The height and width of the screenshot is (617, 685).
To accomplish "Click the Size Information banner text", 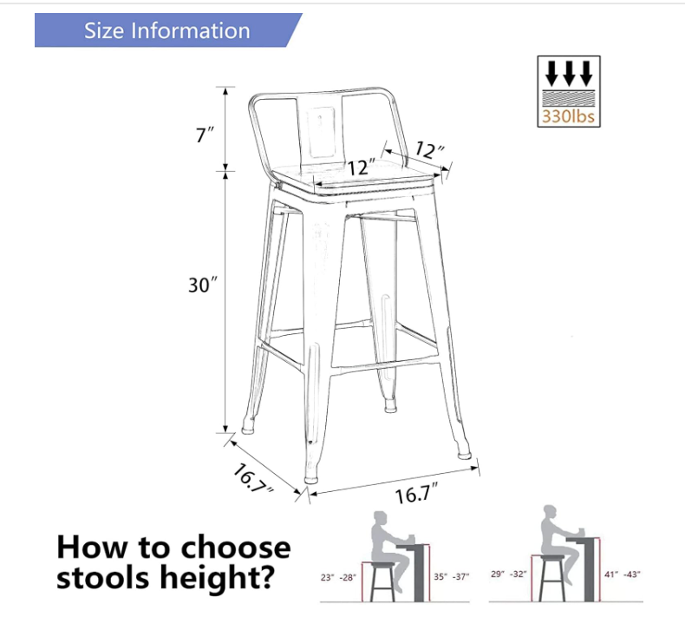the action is tap(166, 30).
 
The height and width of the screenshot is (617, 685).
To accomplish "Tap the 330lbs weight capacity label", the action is tap(568, 116).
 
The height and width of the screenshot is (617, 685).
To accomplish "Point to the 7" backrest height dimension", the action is tap(205, 134).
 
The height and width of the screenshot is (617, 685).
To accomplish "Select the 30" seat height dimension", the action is tap(202, 285).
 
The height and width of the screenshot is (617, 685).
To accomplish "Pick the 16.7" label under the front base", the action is tap(416, 493).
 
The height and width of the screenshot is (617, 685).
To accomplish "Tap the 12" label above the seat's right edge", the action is tap(429, 150).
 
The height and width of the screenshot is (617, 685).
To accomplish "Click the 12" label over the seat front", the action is tap(362, 167).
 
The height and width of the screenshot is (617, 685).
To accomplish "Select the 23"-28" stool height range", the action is tap(338, 578).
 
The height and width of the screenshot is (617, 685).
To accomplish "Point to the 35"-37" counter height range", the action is tap(451, 577).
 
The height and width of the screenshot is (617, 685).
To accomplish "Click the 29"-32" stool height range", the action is tap(508, 574).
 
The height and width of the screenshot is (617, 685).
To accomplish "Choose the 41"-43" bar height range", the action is tap(622, 574).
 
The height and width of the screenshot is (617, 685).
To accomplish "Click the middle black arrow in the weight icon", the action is tap(568, 73).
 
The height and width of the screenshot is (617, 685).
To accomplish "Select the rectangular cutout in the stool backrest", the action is tap(319, 131).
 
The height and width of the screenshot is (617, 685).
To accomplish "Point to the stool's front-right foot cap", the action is tap(464, 455).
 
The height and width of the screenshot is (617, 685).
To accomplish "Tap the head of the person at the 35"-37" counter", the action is tap(380, 518).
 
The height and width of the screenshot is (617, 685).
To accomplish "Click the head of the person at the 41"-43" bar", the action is tap(550, 513).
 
